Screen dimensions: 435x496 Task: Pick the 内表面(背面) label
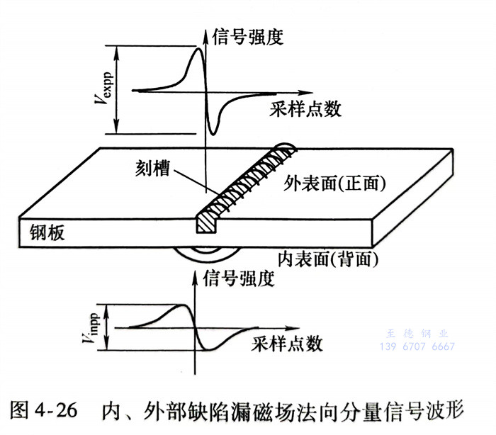[x=325, y=259]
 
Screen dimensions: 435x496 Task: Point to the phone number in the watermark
[x=418, y=346]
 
